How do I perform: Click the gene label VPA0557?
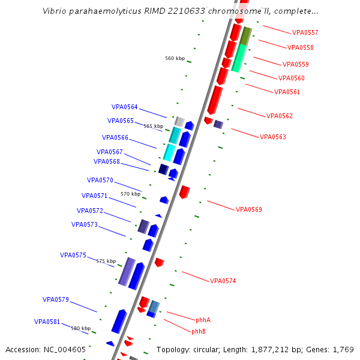(x=305, y=32)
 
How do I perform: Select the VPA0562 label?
(x=280, y=116)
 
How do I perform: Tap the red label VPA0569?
(x=248, y=209)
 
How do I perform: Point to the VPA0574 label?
(x=223, y=281)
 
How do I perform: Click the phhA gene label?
(x=203, y=320)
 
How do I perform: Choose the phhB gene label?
(x=199, y=331)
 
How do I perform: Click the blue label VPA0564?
(x=124, y=107)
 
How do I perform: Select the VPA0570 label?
(x=100, y=180)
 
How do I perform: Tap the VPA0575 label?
(x=73, y=255)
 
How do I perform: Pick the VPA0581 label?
(x=47, y=322)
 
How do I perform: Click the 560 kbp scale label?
(x=175, y=58)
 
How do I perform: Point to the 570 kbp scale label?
(x=130, y=194)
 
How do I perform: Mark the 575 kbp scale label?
(x=106, y=261)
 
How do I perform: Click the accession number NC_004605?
(x=63, y=349)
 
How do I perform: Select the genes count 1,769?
(x=343, y=349)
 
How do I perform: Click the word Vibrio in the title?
(x=55, y=11)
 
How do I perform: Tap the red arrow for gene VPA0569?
(x=185, y=192)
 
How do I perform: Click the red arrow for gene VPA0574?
(x=160, y=262)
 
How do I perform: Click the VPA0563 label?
(x=272, y=137)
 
